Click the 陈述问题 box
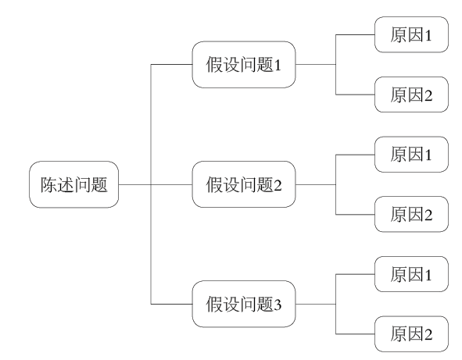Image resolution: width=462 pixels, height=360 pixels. pyautogui.click(x=74, y=184)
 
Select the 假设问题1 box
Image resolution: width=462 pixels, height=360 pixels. pyautogui.click(x=244, y=65)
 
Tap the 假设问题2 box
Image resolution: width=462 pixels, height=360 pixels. pyautogui.click(x=244, y=184)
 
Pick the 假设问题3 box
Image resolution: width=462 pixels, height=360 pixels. pyautogui.click(x=244, y=304)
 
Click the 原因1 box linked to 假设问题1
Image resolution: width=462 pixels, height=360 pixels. pyautogui.click(x=411, y=34)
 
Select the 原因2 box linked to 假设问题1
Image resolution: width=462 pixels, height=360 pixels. pyautogui.click(x=411, y=94)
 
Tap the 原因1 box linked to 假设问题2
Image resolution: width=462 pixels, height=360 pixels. pyautogui.click(x=411, y=155)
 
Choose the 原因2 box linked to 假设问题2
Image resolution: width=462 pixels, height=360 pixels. pyautogui.click(x=411, y=214)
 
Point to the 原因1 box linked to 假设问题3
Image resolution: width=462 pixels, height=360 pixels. pyautogui.click(x=411, y=274)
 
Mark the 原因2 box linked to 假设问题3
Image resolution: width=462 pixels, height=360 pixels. pyautogui.click(x=411, y=333)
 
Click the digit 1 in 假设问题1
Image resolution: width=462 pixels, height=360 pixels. pyautogui.click(x=278, y=65)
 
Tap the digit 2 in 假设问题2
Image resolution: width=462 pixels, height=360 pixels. pyautogui.click(x=278, y=185)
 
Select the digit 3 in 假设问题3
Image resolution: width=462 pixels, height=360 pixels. pyautogui.click(x=278, y=305)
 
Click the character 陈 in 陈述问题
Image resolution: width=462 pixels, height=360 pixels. pyautogui.click(x=48, y=184)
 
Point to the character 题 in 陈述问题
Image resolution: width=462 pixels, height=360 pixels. pyautogui.click(x=99, y=184)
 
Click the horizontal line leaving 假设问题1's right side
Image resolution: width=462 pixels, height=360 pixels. pyautogui.click(x=316, y=64)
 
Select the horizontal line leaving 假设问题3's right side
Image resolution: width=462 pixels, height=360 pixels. pyautogui.click(x=316, y=304)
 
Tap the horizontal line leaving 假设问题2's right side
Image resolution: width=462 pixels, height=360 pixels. pyautogui.click(x=316, y=184)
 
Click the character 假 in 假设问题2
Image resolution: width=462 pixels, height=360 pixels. pyautogui.click(x=214, y=184)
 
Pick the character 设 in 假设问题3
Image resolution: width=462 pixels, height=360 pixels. pyautogui.click(x=231, y=304)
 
